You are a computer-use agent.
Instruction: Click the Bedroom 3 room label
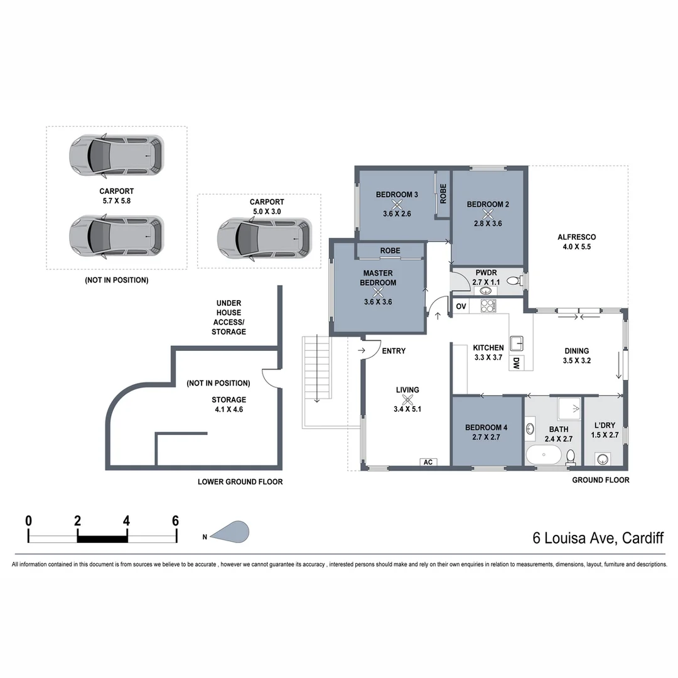397,195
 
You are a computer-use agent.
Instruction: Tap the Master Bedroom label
378,278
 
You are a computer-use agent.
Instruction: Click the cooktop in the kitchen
488,306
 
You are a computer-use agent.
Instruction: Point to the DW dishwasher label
516,362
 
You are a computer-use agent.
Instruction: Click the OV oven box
461,306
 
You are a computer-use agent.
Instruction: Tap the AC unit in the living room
428,463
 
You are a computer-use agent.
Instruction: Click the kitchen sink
517,343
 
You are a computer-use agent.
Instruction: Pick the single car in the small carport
264,238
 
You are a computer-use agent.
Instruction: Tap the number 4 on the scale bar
127,520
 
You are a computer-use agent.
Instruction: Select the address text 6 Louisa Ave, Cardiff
598,538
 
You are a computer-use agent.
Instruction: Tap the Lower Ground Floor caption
240,482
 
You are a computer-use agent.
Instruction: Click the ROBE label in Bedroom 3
443,193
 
